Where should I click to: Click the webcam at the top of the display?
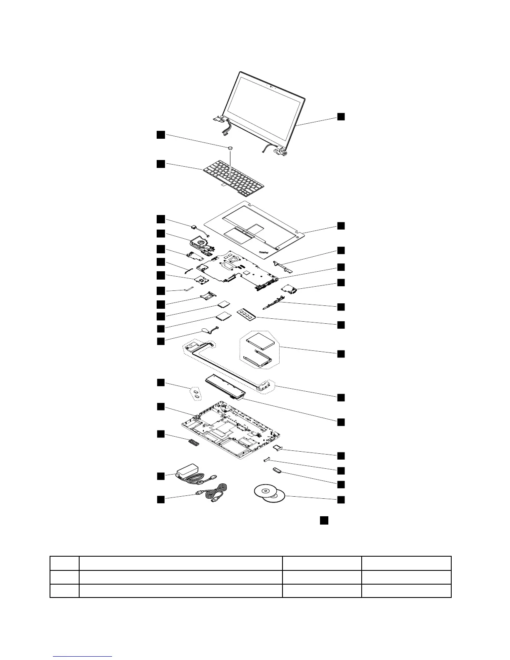click(271, 87)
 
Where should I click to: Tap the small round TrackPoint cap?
click(230, 147)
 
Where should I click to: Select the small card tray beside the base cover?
click(278, 448)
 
